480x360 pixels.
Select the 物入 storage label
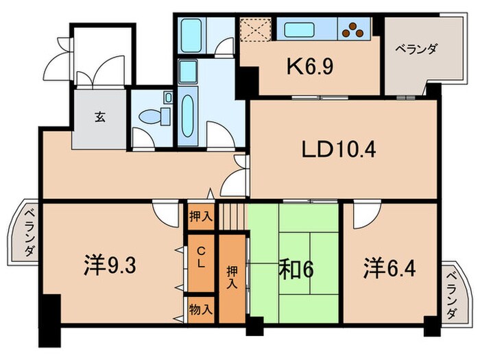point(202,309)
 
